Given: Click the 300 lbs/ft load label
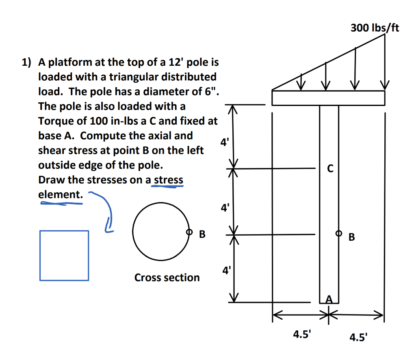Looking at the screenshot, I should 375,28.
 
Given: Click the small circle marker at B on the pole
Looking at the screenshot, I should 338,233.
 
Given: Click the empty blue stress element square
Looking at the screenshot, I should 64,255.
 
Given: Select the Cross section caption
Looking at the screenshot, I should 167,278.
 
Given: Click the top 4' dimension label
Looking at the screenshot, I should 225,142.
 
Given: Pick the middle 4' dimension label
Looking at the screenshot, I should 225,209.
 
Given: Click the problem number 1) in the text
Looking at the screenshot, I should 26,63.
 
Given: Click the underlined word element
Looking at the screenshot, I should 61,194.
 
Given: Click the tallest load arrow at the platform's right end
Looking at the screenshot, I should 385,61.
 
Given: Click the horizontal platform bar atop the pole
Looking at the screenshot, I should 328,98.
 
